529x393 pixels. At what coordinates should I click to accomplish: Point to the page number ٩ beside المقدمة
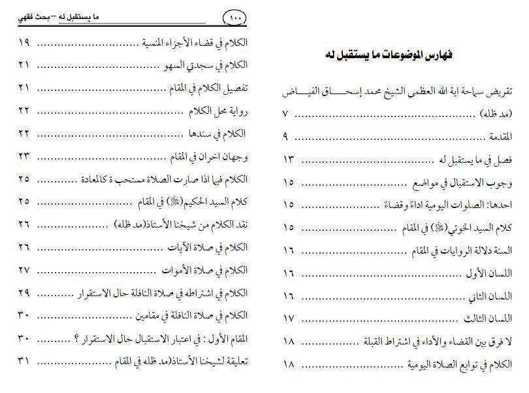(286, 137)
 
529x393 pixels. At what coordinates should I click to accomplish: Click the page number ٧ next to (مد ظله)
(285, 114)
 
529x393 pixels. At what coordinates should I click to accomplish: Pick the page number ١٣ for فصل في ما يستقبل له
(289, 160)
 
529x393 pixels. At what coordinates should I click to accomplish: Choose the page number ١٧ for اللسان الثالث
(289, 319)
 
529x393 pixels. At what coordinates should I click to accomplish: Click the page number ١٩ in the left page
(24, 43)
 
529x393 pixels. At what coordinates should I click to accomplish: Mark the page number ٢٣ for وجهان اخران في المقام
(24, 156)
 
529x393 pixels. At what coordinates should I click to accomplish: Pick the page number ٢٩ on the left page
(24, 292)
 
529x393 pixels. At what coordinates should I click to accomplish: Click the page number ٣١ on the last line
(24, 360)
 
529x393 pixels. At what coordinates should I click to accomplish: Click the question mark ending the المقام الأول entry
(76, 337)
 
